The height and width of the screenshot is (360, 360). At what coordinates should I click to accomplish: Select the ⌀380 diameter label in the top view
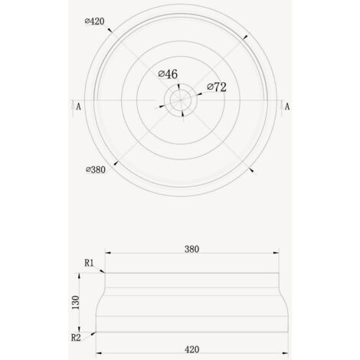pyautogui.click(x=93, y=169)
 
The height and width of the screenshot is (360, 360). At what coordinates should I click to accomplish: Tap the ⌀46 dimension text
pyautogui.click(x=168, y=74)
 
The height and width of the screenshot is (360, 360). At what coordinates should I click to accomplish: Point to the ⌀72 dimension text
pyautogui.click(x=216, y=87)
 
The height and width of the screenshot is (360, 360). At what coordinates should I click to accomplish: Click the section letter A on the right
pyautogui.click(x=286, y=106)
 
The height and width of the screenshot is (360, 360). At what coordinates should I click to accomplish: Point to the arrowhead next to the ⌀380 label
pyautogui.click(x=114, y=161)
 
